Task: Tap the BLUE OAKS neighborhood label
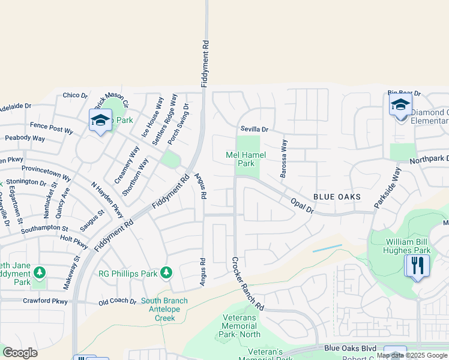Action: (x=337, y=197)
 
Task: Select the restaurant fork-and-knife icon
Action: (x=416, y=265)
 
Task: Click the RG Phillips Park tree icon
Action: (x=166, y=274)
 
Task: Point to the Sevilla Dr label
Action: (x=255, y=129)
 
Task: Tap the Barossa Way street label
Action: (x=283, y=159)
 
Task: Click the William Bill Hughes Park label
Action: (x=408, y=246)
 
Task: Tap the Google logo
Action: (x=20, y=352)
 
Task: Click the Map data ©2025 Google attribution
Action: (x=412, y=355)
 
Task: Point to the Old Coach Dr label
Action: (x=118, y=301)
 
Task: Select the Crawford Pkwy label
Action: (x=46, y=301)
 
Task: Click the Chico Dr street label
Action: (x=75, y=95)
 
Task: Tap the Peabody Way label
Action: (x=25, y=138)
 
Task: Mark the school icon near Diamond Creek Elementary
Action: (x=400, y=106)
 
